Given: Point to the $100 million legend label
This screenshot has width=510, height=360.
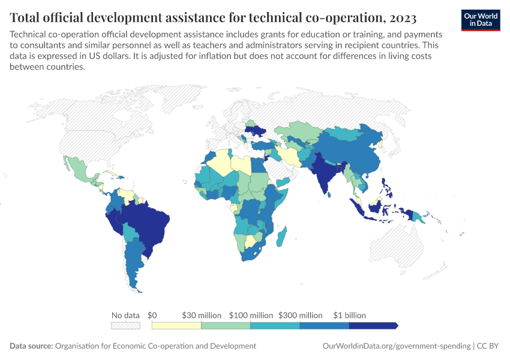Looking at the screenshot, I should tap(251, 315).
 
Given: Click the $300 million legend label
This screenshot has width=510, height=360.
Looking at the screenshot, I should tap(300, 315).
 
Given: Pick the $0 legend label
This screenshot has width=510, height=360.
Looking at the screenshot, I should tap(152, 315).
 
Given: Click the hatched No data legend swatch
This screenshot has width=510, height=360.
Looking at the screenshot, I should tap(125, 325).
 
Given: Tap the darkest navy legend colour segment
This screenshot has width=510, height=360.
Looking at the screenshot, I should tap(372, 325).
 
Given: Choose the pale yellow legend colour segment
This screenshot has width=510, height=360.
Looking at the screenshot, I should tap(176, 325).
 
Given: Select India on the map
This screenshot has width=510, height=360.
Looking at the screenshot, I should tap(324, 174).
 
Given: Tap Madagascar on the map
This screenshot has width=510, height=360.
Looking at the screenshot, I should tap(280, 236).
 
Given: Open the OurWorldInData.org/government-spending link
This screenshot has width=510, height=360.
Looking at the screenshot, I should tap(396, 346).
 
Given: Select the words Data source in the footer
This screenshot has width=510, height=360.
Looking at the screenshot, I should tap(31, 346).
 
